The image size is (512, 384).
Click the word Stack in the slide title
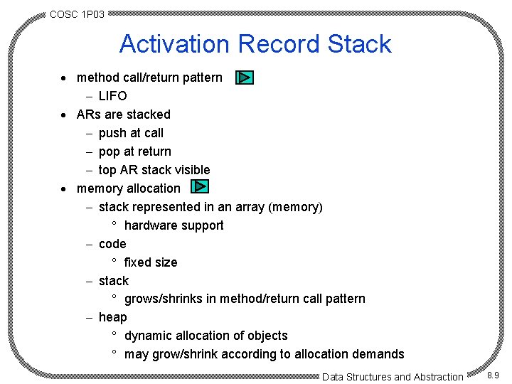tap(359, 44)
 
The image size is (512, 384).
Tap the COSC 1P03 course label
tap(77, 14)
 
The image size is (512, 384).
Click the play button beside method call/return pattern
tap(244, 78)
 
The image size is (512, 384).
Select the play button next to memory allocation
tap(200, 188)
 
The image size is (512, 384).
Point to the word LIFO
tap(113, 96)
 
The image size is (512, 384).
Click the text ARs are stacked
tap(124, 114)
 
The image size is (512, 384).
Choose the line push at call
tap(131, 133)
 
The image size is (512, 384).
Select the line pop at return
tap(135, 151)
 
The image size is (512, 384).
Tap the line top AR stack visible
tap(154, 170)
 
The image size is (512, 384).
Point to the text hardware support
tap(174, 225)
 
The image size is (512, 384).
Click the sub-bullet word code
tap(112, 244)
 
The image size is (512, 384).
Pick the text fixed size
tap(151, 262)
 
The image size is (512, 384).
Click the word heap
tap(113, 317)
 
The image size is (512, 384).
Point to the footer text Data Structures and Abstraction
tap(393, 377)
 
